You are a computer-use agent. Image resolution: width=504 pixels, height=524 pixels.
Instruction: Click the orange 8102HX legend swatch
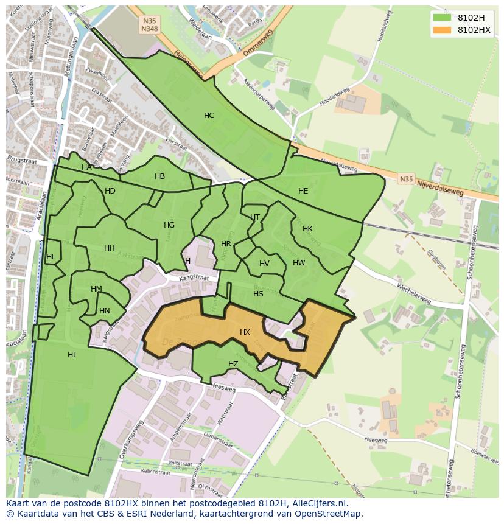point(443,30)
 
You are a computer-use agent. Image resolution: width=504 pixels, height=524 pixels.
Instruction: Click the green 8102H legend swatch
point(443,17)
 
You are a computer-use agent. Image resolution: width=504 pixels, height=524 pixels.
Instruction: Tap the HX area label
point(245,332)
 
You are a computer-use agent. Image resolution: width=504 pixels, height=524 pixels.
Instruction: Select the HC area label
point(209,116)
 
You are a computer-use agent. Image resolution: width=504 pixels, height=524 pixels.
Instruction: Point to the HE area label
point(303,191)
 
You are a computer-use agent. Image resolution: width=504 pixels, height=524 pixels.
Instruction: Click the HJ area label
point(72,355)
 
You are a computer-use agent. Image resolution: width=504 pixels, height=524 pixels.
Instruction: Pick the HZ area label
point(233,364)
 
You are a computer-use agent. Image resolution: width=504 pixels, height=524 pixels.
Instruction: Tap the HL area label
point(51,257)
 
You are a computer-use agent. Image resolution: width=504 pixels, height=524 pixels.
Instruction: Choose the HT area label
point(255,217)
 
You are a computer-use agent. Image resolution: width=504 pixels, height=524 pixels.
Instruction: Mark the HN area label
point(104,311)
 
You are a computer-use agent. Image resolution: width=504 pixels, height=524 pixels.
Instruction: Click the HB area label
point(159,176)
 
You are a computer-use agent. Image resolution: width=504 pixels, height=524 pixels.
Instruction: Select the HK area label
point(307,229)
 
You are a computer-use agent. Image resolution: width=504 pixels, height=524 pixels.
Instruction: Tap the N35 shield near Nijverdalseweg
point(406,180)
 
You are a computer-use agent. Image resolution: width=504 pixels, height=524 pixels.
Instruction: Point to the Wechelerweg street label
point(413,293)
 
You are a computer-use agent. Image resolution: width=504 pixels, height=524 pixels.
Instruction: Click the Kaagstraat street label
point(194,278)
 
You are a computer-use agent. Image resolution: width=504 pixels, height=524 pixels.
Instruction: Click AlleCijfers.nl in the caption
point(318,504)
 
